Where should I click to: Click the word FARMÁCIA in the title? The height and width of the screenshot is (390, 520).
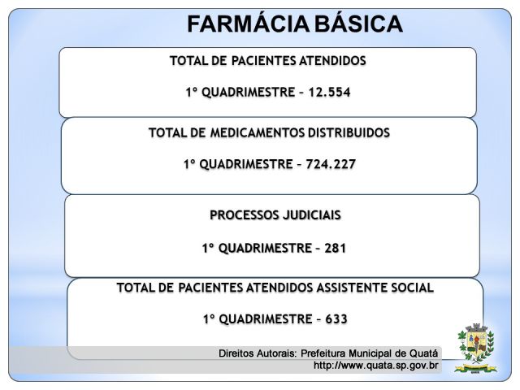click(x=247, y=24)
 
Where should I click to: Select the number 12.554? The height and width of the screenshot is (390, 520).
click(x=329, y=92)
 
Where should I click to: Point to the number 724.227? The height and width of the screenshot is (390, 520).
click(x=331, y=164)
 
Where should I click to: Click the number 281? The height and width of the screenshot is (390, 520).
click(x=336, y=248)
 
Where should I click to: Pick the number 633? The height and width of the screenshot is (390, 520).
click(x=336, y=319)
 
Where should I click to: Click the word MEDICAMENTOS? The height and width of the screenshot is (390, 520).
click(x=258, y=132)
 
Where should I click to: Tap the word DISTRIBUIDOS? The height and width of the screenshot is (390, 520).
click(x=349, y=132)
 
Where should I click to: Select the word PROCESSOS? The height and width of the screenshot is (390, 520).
click(x=245, y=214)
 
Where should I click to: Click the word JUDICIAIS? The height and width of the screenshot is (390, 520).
click(x=312, y=215)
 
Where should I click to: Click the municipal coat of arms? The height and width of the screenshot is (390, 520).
click(x=476, y=349)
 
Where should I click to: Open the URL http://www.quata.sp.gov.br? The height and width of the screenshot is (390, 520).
click(x=376, y=366)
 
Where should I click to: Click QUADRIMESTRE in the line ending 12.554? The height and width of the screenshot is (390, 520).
click(x=249, y=93)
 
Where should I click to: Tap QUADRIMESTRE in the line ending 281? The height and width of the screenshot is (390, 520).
click(x=265, y=249)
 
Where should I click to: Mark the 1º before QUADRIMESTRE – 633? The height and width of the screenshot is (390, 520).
click(x=210, y=319)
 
